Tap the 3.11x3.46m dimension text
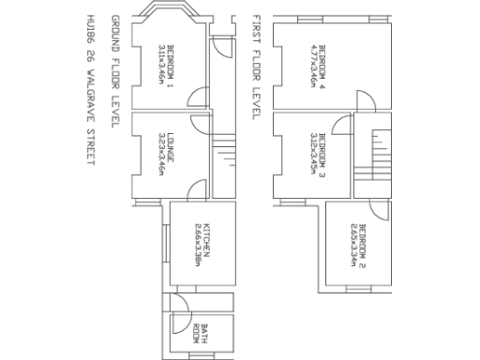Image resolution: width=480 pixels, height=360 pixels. pyautogui.click(x=161, y=64)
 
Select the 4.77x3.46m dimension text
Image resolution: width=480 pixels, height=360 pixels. pyautogui.click(x=311, y=64)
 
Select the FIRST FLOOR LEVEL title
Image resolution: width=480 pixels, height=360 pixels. pyautogui.click(x=255, y=66)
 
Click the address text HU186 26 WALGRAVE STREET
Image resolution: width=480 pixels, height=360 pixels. pyautogui.click(x=91, y=90)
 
